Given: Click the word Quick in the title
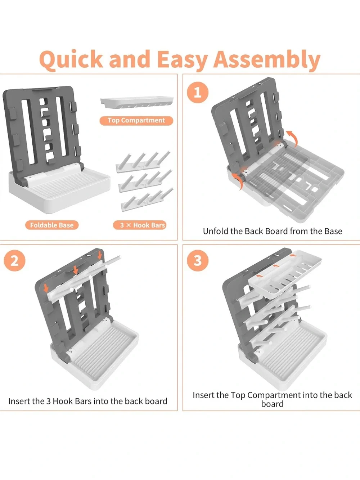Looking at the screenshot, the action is click(71, 60).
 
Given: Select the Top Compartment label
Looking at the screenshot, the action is click(136, 121).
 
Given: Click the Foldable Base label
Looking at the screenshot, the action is click(51, 225).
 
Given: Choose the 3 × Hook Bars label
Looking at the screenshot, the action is click(139, 225).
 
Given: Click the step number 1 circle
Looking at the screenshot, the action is click(198, 93).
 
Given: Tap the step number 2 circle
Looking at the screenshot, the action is click(14, 261).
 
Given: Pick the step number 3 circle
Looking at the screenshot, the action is click(198, 261).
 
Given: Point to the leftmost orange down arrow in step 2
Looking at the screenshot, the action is click(46, 288).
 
